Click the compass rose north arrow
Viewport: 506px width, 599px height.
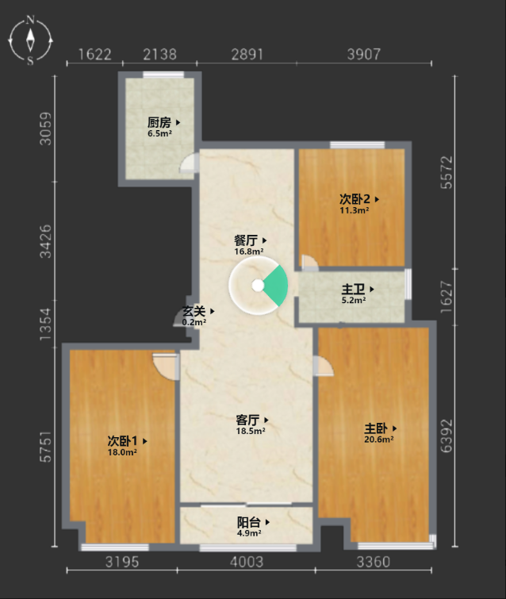click(x=30, y=40)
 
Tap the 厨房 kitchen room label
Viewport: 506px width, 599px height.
click(x=159, y=123)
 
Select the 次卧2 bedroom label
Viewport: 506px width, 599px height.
click(x=355, y=199)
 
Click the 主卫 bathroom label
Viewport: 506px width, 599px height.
click(x=353, y=289)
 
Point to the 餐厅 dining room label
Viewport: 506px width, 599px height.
click(x=246, y=240)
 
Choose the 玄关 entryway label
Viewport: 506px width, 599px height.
click(x=194, y=311)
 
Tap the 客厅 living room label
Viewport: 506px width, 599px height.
click(x=247, y=420)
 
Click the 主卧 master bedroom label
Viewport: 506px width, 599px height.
click(x=376, y=428)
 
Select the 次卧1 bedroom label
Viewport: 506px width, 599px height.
click(x=122, y=441)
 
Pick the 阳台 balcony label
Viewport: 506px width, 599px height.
click(x=248, y=522)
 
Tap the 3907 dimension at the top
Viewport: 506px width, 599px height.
click(x=364, y=54)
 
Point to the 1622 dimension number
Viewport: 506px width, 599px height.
click(x=94, y=54)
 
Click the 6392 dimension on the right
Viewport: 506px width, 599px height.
click(x=447, y=436)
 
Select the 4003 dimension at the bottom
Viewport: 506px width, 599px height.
click(x=247, y=562)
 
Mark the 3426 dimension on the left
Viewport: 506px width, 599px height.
click(x=45, y=241)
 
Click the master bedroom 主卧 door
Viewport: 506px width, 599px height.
click(x=323, y=366)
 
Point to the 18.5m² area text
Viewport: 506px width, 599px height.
click(x=251, y=431)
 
